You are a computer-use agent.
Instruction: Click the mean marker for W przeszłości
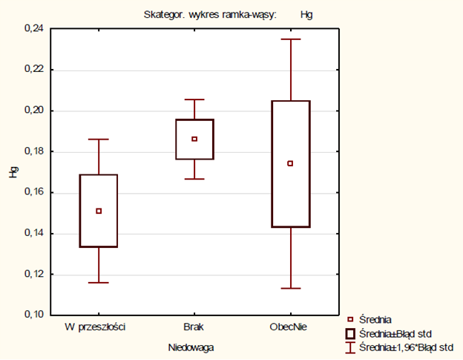tap(99, 211)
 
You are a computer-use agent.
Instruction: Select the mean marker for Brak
tap(194, 139)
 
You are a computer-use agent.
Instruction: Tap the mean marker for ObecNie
tap(290, 163)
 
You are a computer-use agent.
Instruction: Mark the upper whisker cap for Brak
tap(194, 99)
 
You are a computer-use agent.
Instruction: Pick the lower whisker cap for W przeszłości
tap(99, 283)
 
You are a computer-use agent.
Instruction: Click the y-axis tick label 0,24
tap(34, 29)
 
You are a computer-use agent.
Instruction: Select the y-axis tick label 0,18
tap(34, 151)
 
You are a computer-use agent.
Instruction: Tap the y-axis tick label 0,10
tap(34, 315)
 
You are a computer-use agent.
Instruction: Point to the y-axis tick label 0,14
tap(34, 233)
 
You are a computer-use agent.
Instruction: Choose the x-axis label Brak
tap(194, 327)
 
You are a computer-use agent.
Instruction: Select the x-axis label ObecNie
tap(290, 327)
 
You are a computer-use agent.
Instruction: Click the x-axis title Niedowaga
tap(194, 345)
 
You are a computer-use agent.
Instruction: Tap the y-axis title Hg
tap(12, 172)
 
